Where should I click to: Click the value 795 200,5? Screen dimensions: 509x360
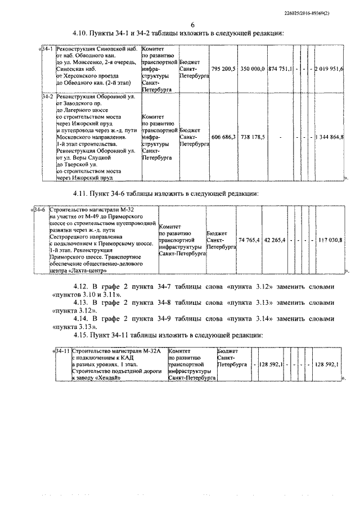pos(223,69)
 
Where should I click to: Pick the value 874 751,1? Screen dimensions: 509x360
pos(280,69)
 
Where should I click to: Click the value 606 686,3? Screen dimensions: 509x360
pos(223,137)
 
